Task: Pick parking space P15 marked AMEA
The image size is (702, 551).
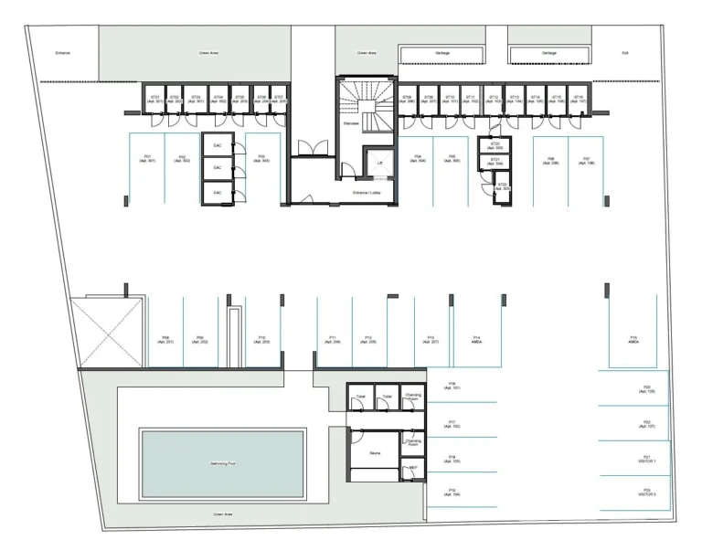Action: (633, 341)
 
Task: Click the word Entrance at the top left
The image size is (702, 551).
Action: (62, 53)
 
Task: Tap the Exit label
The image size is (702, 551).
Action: (625, 53)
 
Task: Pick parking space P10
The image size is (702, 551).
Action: (261, 339)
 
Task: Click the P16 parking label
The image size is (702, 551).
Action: (454, 386)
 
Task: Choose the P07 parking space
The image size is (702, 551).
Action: (586, 161)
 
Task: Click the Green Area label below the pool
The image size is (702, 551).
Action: (223, 514)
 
